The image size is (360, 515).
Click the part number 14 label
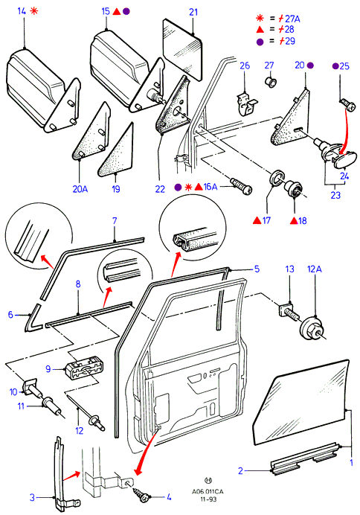(x=22, y=11)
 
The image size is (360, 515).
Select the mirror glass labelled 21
(x=182, y=49)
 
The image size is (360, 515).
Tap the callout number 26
(x=245, y=65)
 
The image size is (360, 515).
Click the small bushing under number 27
(x=271, y=80)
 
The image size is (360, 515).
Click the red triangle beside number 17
(x=257, y=220)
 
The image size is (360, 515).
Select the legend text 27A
(x=292, y=19)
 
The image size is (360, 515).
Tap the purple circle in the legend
(x=260, y=42)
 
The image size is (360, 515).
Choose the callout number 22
(x=160, y=189)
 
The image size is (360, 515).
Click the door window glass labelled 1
(x=300, y=401)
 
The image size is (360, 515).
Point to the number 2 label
(x=240, y=470)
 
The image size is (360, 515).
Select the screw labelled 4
(x=141, y=494)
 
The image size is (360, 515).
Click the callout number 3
(x=32, y=497)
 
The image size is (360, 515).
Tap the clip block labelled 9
(x=84, y=370)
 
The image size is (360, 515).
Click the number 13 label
(x=290, y=269)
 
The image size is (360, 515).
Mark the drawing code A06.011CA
(x=208, y=491)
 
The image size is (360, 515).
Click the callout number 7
(x=115, y=220)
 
